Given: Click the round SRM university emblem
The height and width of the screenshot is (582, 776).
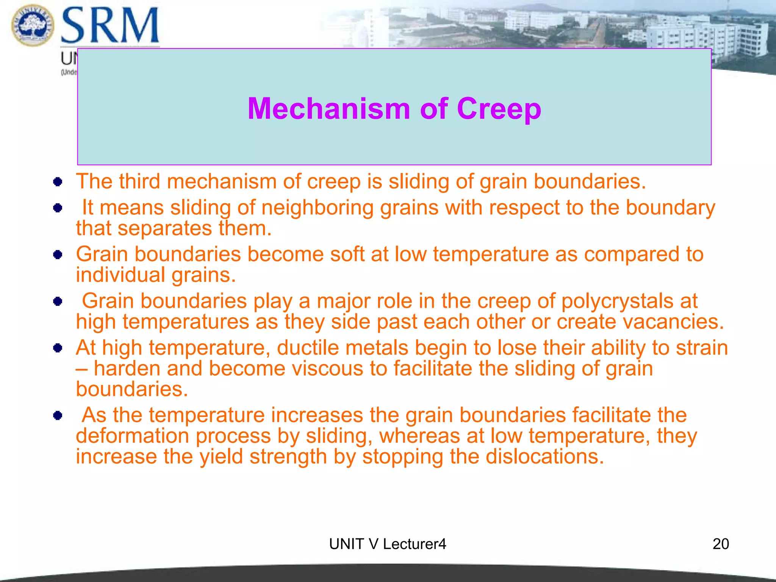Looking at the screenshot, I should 33,25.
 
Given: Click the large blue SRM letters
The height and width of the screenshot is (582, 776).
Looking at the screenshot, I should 110,26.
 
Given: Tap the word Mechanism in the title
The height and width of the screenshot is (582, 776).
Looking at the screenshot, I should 329,109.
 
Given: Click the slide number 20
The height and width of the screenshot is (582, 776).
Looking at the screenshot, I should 720,544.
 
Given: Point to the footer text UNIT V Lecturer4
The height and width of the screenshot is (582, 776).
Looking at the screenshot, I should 388,544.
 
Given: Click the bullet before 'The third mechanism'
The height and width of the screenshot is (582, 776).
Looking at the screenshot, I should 58,182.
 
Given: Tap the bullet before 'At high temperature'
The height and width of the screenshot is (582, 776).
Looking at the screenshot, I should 58,348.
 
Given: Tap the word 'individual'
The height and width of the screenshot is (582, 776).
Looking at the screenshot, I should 120,275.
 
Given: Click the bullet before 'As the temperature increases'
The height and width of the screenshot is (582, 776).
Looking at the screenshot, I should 58,416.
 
